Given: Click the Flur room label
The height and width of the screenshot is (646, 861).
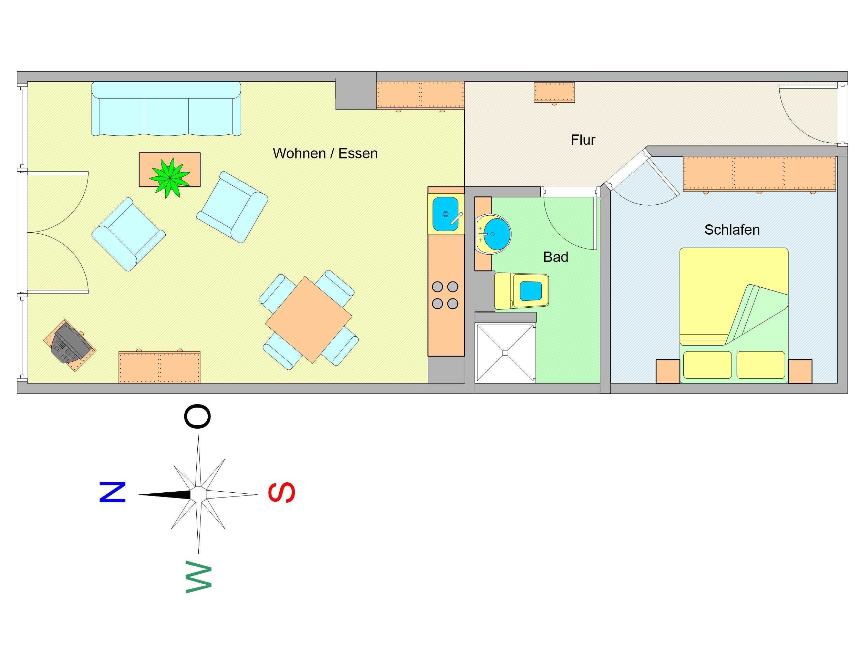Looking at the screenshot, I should (583, 140).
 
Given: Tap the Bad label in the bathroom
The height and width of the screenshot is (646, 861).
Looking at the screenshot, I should (556, 257).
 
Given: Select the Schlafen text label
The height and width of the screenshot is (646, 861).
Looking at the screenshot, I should (732, 230).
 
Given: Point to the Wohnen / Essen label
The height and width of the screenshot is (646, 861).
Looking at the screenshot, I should (325, 153).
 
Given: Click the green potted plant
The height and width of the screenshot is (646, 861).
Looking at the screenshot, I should (170, 178).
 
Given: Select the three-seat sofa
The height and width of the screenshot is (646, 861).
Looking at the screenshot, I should (166, 109).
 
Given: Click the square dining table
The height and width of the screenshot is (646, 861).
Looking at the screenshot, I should (309, 320).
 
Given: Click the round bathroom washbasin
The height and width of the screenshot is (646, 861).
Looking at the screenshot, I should (494, 234).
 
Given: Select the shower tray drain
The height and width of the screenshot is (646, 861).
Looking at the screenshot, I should (505, 353).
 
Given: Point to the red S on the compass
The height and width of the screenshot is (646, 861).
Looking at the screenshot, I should (282, 492).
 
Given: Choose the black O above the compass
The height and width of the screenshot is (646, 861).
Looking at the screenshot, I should (197, 416).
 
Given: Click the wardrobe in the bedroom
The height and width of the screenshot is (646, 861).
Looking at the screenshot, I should (759, 174).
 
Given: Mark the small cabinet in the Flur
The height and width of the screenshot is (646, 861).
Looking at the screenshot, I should (554, 92).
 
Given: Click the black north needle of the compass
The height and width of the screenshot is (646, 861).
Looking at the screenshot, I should (165, 494).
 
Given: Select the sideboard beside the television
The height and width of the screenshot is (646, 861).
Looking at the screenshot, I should (159, 367).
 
